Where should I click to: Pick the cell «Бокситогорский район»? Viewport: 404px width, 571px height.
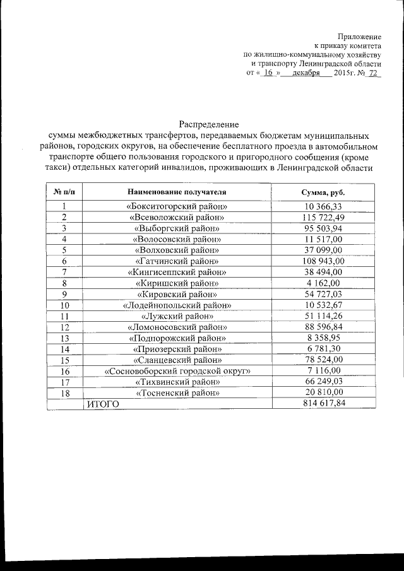point(177,206)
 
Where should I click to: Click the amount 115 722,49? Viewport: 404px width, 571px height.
point(323,217)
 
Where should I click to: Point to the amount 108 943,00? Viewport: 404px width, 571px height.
point(323,261)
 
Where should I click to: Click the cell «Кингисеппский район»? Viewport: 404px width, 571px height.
point(177,272)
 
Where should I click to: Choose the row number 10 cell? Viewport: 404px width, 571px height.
point(64,305)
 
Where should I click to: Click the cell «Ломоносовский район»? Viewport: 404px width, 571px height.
point(177,327)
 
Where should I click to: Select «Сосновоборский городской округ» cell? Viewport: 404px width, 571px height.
point(177,370)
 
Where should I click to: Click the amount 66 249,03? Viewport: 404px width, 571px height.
point(323,382)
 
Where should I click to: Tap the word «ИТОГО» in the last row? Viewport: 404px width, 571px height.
point(102,404)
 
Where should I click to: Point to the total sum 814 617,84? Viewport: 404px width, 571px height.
point(323,403)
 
